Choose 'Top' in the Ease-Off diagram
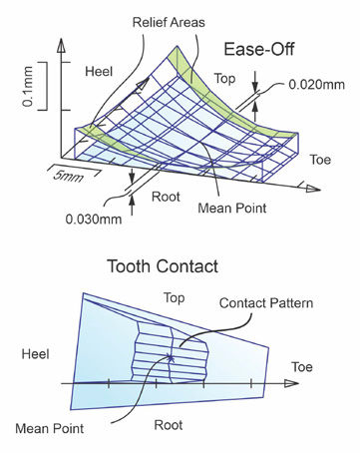tap(223, 78)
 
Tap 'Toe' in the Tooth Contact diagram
tap(303, 367)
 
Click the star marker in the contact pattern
tap(172, 357)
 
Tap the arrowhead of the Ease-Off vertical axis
tap(63, 45)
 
